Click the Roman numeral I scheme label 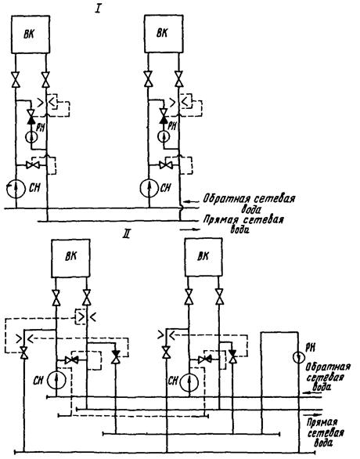(x=98, y=9)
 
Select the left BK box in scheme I (x=30, y=34)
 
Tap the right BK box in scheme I (x=164, y=34)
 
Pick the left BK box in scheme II (x=70, y=258)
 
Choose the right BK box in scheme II (x=203, y=257)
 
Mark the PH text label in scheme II (x=310, y=348)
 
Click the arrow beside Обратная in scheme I (x=190, y=201)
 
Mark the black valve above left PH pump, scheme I (x=31, y=119)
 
